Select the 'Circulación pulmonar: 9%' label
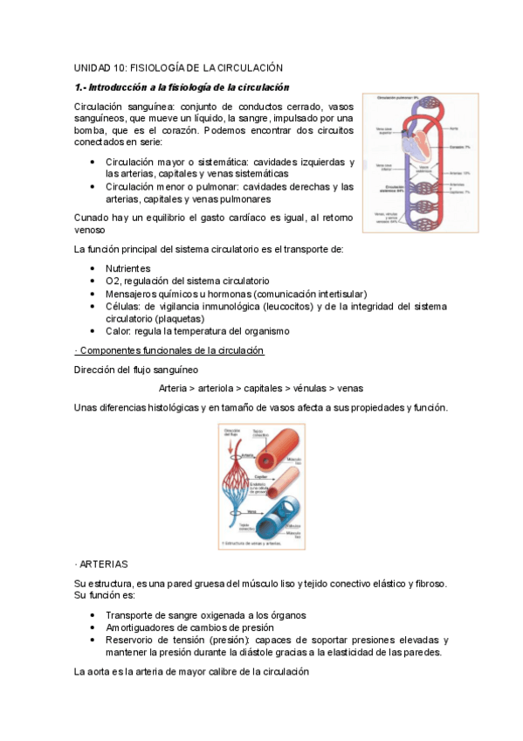pos(399,98)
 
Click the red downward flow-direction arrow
pos(231,447)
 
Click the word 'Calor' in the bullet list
pos(118,331)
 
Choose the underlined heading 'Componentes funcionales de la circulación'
pos(169,350)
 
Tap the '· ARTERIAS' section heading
pos(101,564)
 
